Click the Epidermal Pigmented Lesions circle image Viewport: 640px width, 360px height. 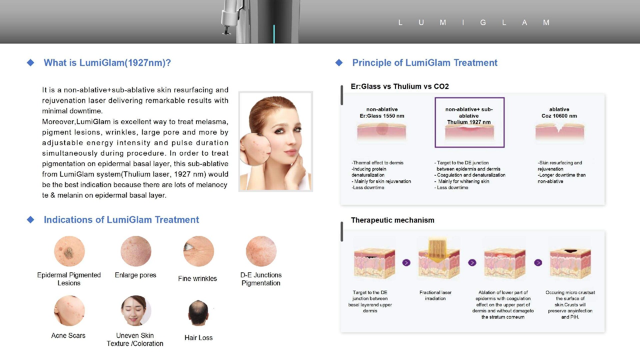[x=69, y=251]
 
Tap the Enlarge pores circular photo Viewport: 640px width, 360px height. [x=136, y=251]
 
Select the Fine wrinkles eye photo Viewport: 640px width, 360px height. [x=199, y=251]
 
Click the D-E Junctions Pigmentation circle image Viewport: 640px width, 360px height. [x=261, y=251]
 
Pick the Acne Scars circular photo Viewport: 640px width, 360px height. [x=69, y=311]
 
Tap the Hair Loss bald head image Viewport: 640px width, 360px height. [x=198, y=313]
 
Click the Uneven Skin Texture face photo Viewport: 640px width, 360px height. [x=136, y=311]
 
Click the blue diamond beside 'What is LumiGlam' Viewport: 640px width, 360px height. [x=31, y=63]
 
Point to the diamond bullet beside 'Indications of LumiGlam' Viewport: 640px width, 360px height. [x=31, y=220]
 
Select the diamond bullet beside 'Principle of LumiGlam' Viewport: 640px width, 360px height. [x=339, y=63]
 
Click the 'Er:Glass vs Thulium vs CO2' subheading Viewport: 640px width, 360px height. [x=400, y=87]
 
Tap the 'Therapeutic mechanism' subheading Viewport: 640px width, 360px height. [x=393, y=220]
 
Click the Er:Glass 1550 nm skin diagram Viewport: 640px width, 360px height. [x=382, y=132]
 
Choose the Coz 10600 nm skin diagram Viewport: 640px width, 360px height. [x=560, y=132]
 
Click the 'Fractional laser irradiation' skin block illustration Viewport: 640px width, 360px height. [x=439, y=259]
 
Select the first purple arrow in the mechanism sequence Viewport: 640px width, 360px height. [x=406, y=263]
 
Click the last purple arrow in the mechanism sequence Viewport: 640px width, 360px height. [x=538, y=263]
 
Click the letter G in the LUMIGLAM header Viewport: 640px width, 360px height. [x=483, y=23]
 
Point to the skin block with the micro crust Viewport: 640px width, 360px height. [x=570, y=263]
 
